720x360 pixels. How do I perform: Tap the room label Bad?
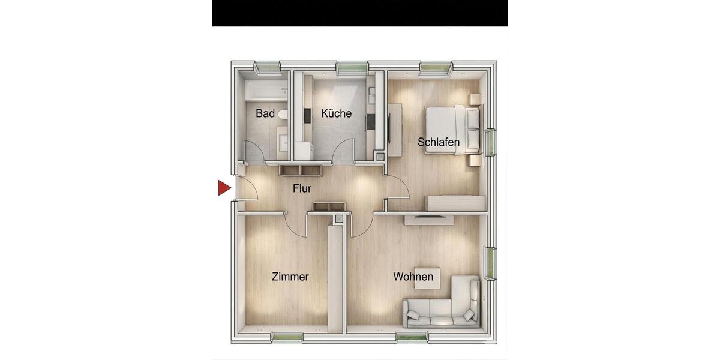click(265, 113)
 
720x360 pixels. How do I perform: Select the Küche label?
click(336, 113)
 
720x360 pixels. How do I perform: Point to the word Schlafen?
click(439, 143)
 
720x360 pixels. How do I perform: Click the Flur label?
click(302, 188)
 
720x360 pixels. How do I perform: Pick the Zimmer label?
click(290, 277)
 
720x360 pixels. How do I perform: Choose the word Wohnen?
click(413, 277)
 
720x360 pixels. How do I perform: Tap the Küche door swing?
click(346, 151)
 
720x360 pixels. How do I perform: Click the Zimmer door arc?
click(296, 224)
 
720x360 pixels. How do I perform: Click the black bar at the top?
click(360, 13)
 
